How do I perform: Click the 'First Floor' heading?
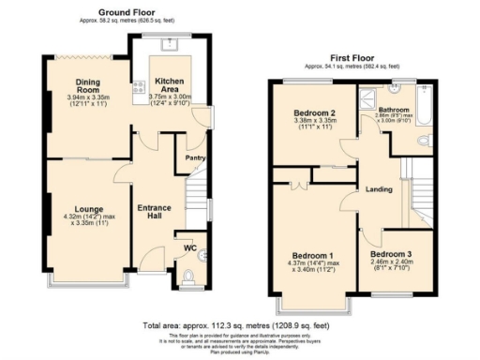352,58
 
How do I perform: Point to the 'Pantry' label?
195,158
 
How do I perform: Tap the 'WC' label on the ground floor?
190,248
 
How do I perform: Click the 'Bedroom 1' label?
312,256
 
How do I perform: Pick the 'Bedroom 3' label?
391,253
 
